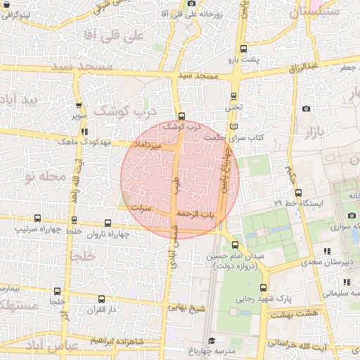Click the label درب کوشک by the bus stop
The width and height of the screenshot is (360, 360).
coord(182,127)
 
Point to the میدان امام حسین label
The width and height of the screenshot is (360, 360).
coord(236,257)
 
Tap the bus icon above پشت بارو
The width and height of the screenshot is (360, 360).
coord(243,49)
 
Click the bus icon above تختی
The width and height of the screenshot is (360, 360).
coord(233,98)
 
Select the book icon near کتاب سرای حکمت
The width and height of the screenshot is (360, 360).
coord(233,127)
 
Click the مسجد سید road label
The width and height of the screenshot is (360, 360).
coord(198,75)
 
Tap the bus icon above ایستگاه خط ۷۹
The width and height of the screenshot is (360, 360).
coord(299,192)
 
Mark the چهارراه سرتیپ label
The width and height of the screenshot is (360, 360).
coord(37,230)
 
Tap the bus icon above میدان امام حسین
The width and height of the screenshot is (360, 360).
coord(236,245)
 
